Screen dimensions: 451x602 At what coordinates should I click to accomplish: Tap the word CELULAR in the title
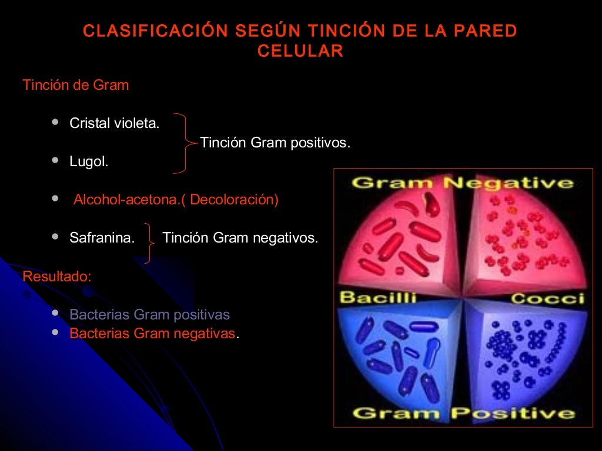pyautogui.click(x=300, y=51)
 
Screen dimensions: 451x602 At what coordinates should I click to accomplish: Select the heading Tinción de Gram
pyautogui.click(x=76, y=85)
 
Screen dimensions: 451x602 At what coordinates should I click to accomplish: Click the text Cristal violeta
pyautogui.click(x=115, y=124)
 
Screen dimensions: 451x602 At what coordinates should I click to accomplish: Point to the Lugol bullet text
pyautogui.click(x=89, y=162)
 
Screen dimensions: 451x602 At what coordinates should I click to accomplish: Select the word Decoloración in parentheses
pyautogui.click(x=233, y=200)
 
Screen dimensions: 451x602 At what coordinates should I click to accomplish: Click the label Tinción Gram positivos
pyautogui.click(x=275, y=143)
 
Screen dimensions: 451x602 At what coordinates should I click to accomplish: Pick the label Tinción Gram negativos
pyautogui.click(x=240, y=238)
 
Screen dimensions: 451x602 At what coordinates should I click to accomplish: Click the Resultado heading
pyautogui.click(x=57, y=276)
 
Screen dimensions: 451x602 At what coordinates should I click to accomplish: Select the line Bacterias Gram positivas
pyautogui.click(x=149, y=315)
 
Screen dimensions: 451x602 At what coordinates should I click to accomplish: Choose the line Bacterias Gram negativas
pyautogui.click(x=152, y=334)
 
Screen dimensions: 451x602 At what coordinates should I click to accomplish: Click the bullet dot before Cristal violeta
pyautogui.click(x=55, y=122)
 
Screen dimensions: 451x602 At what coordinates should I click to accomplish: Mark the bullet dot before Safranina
pyautogui.click(x=55, y=237)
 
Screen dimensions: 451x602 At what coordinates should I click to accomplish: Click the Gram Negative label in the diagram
pyautogui.click(x=463, y=183)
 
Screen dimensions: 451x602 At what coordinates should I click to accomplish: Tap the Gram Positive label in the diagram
pyautogui.click(x=463, y=413)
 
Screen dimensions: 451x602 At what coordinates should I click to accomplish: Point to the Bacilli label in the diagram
pyautogui.click(x=378, y=297)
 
